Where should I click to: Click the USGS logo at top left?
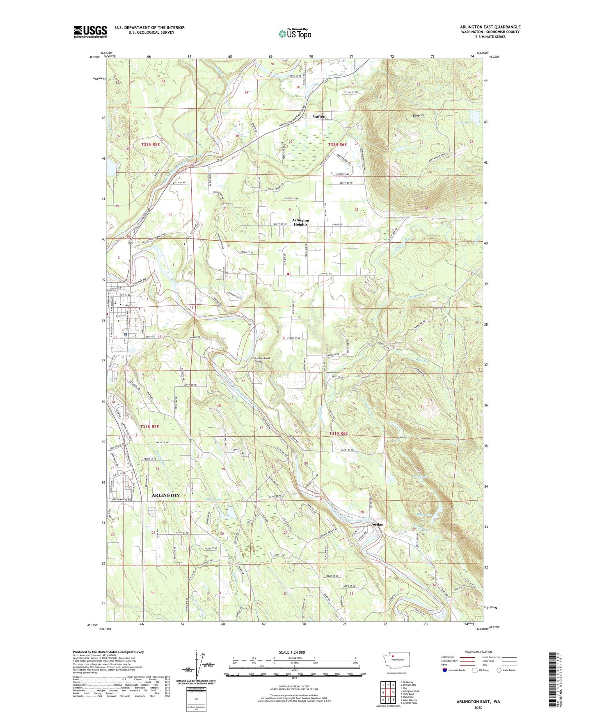coord(90,32)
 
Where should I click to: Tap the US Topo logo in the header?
coord(294,34)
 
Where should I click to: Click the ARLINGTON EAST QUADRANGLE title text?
coord(490,27)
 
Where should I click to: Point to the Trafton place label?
coord(318,116)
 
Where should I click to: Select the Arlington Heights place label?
coord(300,222)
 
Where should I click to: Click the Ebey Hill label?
coord(419,116)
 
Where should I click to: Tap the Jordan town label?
coord(377,524)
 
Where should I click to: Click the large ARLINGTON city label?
coord(165,495)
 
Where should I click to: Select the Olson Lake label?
coord(213,499)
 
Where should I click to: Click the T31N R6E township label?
coord(339,433)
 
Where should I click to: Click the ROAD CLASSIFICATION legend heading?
coord(478,652)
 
